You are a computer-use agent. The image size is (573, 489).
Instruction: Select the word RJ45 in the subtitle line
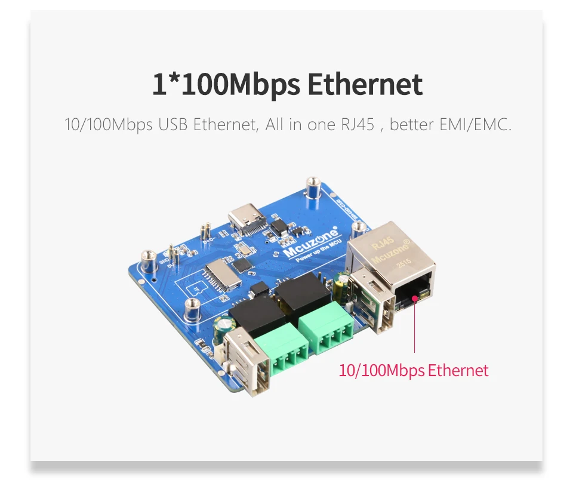[x=356, y=125]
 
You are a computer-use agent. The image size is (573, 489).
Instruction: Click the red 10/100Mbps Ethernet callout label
[x=414, y=370]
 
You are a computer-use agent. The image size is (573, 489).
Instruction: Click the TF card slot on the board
[x=220, y=275]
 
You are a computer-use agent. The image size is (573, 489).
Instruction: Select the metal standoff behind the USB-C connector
[x=310, y=189]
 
